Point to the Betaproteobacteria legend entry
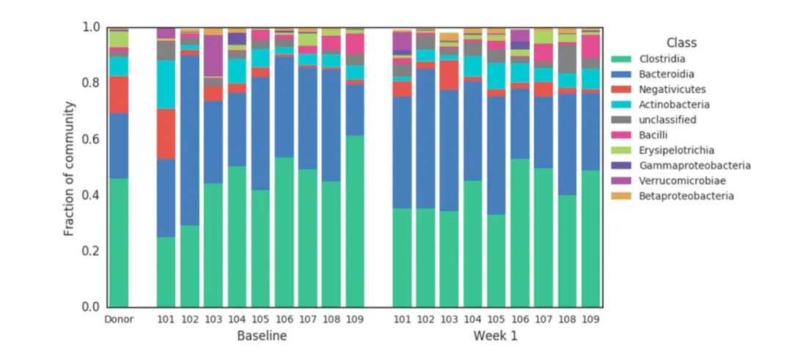pyautogui.click(x=686, y=196)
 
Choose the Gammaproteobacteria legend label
pyautogui.click(x=694, y=166)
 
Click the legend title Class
pyautogui.click(x=681, y=43)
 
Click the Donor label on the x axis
pyautogui.click(x=119, y=319)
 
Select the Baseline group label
pyautogui.click(x=261, y=336)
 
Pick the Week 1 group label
pyautogui.click(x=496, y=336)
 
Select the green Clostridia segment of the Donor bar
pyautogui.click(x=119, y=242)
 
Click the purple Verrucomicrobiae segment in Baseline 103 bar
pyautogui.click(x=213, y=55)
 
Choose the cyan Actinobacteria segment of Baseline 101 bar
pyautogui.click(x=166, y=84)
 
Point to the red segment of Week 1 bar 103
pyautogui.click(x=449, y=75)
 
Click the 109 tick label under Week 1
pyautogui.click(x=590, y=319)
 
